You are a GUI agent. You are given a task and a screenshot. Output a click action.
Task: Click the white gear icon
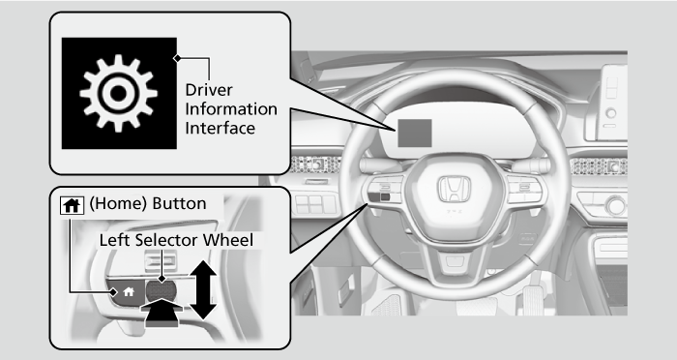pos(118,93)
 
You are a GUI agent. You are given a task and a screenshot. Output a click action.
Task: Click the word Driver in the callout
pos(209,90)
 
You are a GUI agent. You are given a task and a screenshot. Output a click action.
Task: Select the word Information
pos(231,109)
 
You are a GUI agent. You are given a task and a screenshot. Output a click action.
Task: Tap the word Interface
pos(220,128)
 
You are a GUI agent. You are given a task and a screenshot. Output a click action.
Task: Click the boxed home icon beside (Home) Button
pos(72,205)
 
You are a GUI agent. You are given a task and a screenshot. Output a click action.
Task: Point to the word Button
pos(179,203)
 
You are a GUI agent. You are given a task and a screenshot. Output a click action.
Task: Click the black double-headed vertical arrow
pos(203,289)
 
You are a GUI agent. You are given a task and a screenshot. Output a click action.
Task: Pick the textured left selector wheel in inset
pos(162,290)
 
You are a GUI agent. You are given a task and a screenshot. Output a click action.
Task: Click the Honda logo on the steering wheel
pos(455,190)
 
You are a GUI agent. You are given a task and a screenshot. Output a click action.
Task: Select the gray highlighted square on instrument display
pos(415,133)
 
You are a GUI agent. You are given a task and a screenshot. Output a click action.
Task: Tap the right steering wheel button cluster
pos(524,190)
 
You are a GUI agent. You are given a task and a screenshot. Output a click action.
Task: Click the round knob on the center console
pos(616,205)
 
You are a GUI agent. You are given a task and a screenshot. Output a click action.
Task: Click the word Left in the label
pos(115,240)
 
